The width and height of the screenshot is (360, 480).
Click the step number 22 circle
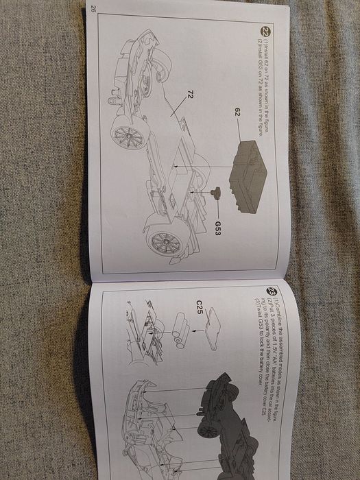pyautogui.click(x=267, y=32)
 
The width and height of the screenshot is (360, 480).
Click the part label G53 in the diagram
pyautogui.click(x=217, y=228)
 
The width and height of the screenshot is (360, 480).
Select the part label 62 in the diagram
pyautogui.click(x=235, y=110)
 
